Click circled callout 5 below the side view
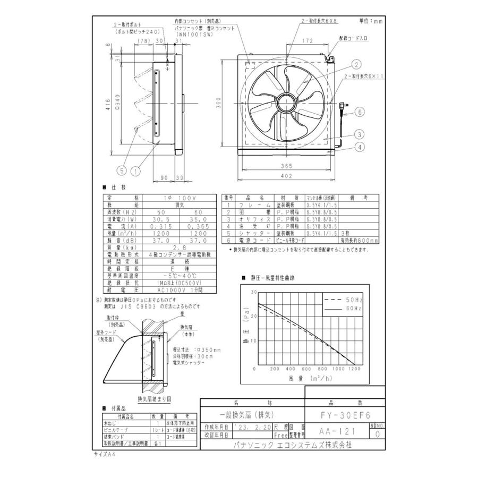[x=122, y=170]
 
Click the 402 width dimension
[x=287, y=175]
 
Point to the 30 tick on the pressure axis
[x=253, y=292]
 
